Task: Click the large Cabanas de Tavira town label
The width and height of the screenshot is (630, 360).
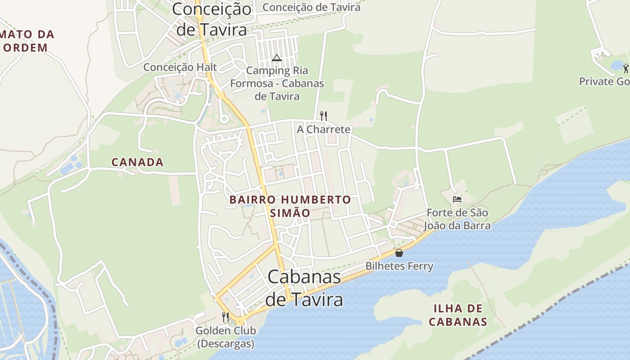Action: (x=304, y=288)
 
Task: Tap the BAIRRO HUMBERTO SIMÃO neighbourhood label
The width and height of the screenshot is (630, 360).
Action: (x=290, y=206)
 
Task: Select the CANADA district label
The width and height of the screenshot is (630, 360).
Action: (x=137, y=162)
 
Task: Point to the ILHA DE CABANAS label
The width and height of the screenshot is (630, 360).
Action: (x=458, y=315)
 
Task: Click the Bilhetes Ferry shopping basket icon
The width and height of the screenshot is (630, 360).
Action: (x=399, y=253)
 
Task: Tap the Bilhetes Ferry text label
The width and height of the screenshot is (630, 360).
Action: (x=399, y=266)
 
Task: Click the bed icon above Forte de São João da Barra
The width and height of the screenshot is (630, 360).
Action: (x=457, y=199)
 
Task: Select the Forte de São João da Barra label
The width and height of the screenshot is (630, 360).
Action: (x=458, y=219)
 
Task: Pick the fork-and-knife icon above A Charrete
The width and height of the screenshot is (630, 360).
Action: (x=323, y=116)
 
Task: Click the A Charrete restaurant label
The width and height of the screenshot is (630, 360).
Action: (x=323, y=130)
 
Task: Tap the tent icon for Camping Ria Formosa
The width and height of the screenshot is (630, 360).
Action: (x=276, y=58)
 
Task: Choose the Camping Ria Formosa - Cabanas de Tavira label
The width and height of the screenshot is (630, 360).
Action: (x=277, y=83)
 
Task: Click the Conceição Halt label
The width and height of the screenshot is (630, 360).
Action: (x=180, y=67)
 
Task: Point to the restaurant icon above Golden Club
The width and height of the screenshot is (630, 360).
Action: (x=225, y=317)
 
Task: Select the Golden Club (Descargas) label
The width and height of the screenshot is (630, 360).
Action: (x=225, y=337)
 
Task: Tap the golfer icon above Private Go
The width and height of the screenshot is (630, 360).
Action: (x=625, y=68)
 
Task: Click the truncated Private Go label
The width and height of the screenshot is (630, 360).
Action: (x=604, y=81)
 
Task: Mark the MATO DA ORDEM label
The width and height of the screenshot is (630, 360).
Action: (x=27, y=41)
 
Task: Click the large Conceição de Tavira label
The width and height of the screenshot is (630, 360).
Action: (x=211, y=19)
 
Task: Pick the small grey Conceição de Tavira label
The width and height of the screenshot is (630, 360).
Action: (x=311, y=7)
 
